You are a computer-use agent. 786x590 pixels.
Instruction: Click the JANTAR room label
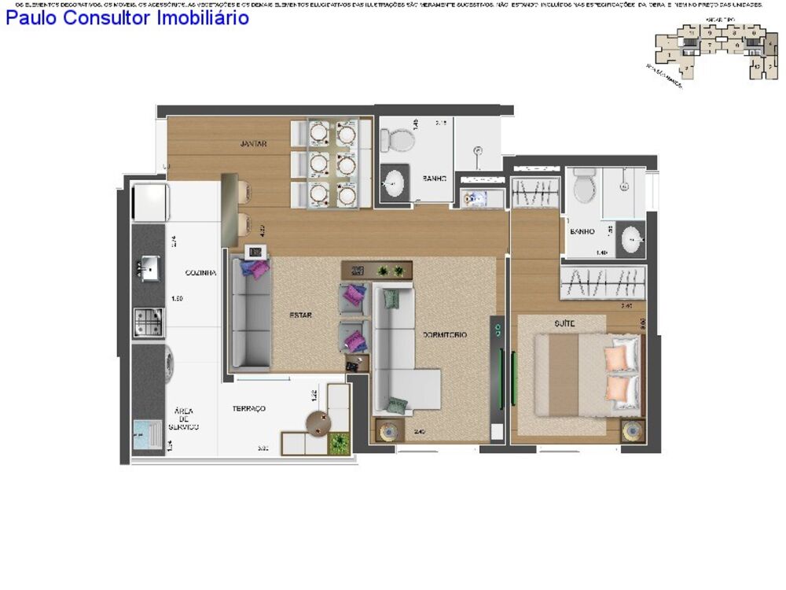[x=254, y=144]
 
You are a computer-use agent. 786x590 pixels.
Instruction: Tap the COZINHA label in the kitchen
[x=201, y=273]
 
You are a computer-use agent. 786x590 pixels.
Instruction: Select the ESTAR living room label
[x=300, y=315]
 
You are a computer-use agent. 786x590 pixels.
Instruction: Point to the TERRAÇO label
[x=249, y=408]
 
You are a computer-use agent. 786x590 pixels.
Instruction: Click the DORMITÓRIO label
[x=445, y=335]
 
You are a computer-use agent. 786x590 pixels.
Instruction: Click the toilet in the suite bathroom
[x=584, y=186]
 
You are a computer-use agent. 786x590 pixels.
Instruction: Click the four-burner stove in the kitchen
[x=149, y=321]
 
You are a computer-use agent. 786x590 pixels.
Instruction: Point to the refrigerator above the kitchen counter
[x=149, y=202]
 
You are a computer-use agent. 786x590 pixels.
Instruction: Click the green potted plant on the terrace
[x=340, y=443]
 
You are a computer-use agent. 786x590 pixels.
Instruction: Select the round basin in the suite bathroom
[x=630, y=239]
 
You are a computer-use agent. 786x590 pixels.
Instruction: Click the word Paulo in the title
[x=31, y=18]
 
